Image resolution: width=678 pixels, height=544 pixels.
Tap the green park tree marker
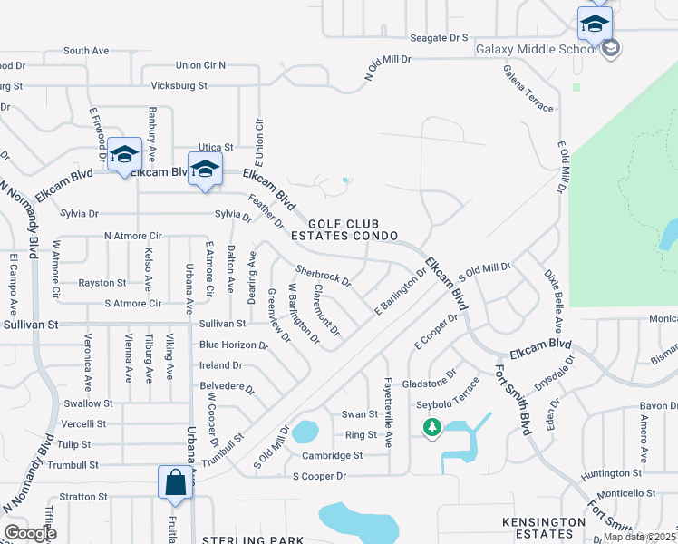click(432, 426)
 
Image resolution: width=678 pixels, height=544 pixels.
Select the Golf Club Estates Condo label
click(353, 229)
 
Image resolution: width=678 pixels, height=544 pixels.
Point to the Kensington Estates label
click(544, 529)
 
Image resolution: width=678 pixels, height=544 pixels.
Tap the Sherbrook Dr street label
click(324, 276)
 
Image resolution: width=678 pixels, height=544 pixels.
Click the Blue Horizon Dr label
click(234, 345)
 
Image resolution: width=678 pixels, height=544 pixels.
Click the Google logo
click(30, 533)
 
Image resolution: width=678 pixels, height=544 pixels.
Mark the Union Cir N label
click(200, 65)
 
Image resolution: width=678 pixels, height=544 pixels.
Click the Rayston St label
click(102, 283)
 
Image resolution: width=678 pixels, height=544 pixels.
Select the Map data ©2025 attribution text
click(639, 537)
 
